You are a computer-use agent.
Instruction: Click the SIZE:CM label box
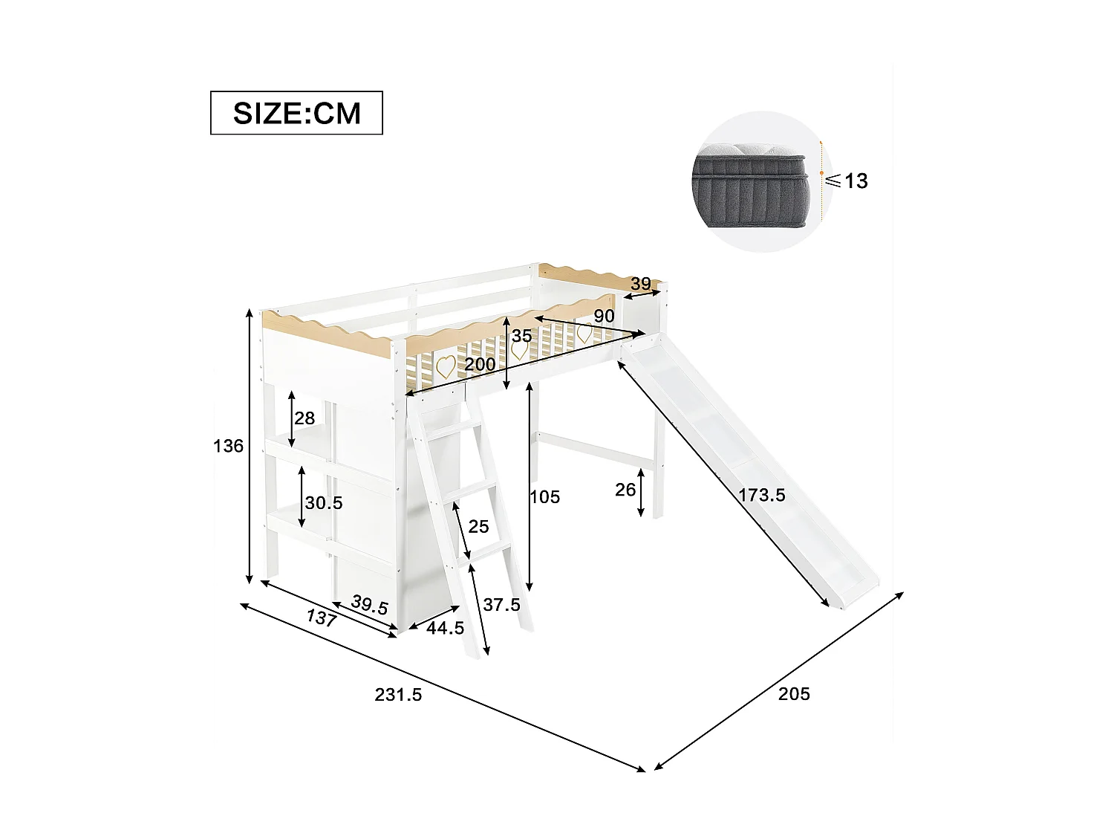coord(296,113)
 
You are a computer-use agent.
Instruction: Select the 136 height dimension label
coord(228,446)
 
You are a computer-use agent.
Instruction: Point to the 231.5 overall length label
coord(398,695)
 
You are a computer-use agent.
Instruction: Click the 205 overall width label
coord(794,694)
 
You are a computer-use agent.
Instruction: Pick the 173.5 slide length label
coord(762,495)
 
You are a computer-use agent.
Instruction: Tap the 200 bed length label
coord(480,365)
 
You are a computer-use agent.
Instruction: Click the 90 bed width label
coord(604,316)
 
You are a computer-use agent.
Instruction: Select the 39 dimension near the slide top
coord(640,284)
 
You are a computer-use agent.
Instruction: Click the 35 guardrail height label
coord(522,336)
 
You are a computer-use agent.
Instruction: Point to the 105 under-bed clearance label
coord(545,496)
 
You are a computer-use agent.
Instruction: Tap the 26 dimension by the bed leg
coord(626,490)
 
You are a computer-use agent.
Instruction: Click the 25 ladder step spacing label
coord(479,527)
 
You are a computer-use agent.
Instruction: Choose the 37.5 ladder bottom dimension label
coord(501,605)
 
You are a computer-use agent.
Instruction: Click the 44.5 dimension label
coord(446,628)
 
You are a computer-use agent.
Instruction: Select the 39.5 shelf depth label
coord(370,605)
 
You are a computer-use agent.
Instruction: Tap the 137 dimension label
coord(321,618)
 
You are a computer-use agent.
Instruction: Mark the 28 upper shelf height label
coord(304,418)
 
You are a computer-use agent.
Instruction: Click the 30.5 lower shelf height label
coord(324,503)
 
